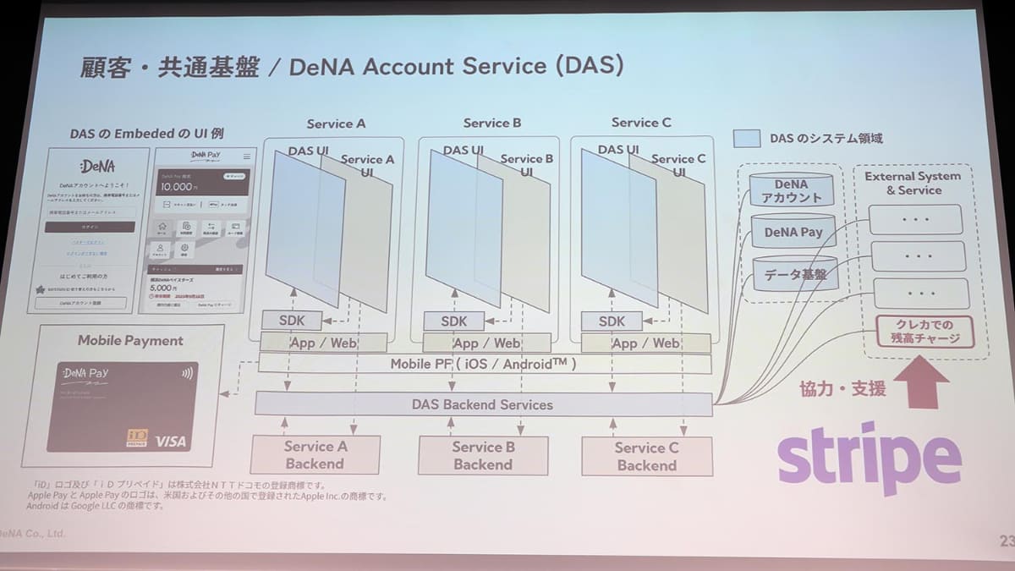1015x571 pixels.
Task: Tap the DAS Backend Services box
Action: point(483,404)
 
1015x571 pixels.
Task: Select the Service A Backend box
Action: point(315,455)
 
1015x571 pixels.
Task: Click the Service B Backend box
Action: point(483,455)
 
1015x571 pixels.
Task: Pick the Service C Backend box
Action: point(646,456)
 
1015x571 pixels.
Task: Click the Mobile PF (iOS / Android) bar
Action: point(483,365)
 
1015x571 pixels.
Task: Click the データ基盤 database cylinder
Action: point(795,273)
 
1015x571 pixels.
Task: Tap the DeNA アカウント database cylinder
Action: point(792,191)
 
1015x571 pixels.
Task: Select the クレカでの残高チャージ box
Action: point(924,332)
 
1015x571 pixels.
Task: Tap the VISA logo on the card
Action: point(171,441)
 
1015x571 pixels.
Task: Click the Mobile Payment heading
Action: point(130,340)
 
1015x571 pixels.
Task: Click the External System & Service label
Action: point(913,183)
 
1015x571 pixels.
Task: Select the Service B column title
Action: point(492,123)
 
